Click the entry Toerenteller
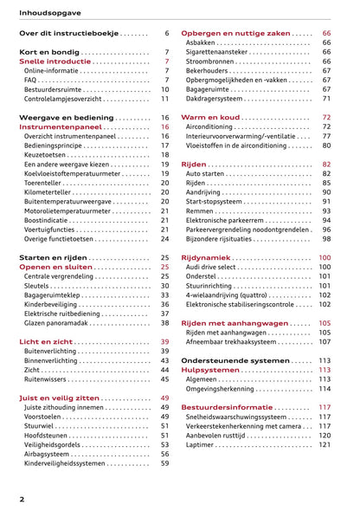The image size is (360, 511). click(44, 183)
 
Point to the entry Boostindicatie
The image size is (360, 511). click(48, 220)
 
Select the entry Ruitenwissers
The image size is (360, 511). click(47, 379)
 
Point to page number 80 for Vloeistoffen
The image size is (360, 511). click(326, 146)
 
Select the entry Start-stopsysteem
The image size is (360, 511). click(213, 202)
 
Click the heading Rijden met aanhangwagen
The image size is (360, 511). click(234, 323)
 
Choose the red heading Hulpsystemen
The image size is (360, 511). click(210, 370)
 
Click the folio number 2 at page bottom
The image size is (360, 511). click(22, 499)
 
